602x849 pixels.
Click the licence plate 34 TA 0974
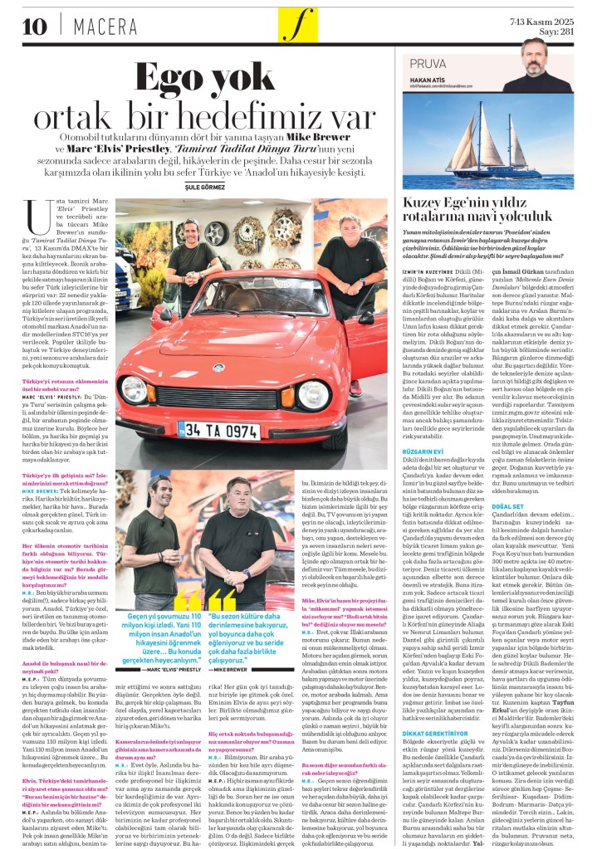219,431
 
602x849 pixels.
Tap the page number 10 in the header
36,26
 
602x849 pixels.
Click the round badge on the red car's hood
218,366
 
